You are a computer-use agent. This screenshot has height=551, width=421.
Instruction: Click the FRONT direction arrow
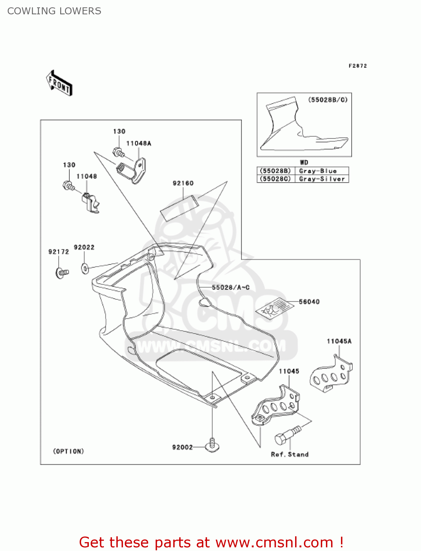pos(59,83)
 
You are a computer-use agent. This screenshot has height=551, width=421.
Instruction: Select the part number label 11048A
pos(138,143)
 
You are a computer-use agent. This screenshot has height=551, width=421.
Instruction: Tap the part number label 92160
pos(183,183)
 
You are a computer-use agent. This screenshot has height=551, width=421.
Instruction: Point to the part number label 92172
pos(59,252)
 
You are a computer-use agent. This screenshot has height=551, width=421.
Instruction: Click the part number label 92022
pos(84,247)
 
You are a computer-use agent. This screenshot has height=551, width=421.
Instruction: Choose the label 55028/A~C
pos(231,287)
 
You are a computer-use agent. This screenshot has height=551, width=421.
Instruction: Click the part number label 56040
pos(309,302)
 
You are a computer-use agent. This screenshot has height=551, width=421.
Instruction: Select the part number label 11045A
pos(339,341)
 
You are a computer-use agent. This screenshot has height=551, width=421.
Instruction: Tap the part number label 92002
pos(182,447)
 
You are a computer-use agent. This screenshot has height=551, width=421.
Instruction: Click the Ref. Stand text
pos(290,454)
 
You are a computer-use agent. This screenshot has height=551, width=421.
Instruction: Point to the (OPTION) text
pos(69,451)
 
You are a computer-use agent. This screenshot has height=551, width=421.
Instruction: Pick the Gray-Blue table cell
pos(318,171)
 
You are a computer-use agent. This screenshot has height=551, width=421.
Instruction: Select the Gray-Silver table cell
pos(322,179)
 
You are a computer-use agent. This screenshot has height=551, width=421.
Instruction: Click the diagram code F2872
pos(358,66)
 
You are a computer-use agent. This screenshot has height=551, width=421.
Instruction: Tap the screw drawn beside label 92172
pos(62,273)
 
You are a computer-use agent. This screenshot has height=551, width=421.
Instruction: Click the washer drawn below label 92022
pos(85,269)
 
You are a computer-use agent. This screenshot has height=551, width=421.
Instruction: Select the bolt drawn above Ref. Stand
pos(287,435)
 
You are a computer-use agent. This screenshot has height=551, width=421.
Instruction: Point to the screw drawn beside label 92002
pos(212,445)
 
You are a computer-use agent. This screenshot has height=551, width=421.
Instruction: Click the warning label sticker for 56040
pos(274,308)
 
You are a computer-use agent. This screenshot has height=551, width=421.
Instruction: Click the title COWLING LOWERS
pos(54,11)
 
